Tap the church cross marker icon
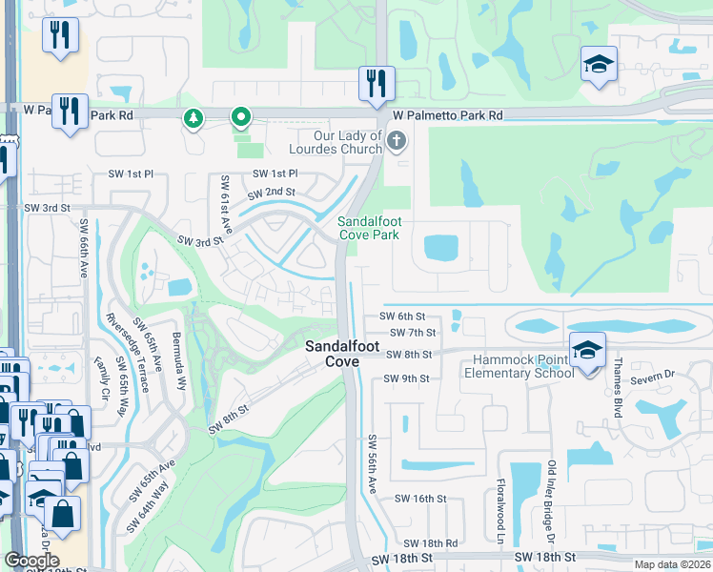coord(397,142)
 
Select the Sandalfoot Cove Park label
coord(370,228)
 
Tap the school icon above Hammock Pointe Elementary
coord(587,350)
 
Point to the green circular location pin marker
coord(241,118)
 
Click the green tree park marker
coord(194,118)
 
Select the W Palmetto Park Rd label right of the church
coord(447,115)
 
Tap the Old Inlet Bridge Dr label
coord(551,500)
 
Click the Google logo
coord(31,561)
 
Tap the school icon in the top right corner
coord(598,65)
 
